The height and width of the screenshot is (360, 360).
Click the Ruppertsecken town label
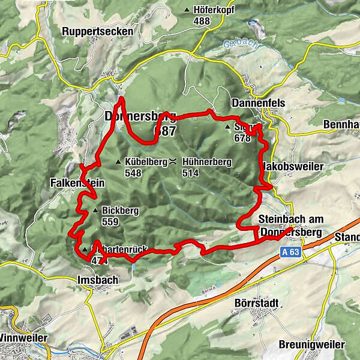click(x=96, y=31)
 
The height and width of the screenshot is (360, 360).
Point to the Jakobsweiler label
click(x=291, y=166)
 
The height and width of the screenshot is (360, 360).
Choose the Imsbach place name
click(x=97, y=280)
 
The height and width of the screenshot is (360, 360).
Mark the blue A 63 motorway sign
click(x=290, y=253)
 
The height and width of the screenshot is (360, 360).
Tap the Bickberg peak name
click(x=120, y=211)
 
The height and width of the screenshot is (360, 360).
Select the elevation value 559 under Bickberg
click(x=110, y=221)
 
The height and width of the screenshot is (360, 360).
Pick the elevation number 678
click(x=242, y=138)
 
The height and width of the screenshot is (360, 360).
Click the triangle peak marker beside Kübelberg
click(x=119, y=161)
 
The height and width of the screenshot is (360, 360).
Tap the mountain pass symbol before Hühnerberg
click(x=172, y=161)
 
